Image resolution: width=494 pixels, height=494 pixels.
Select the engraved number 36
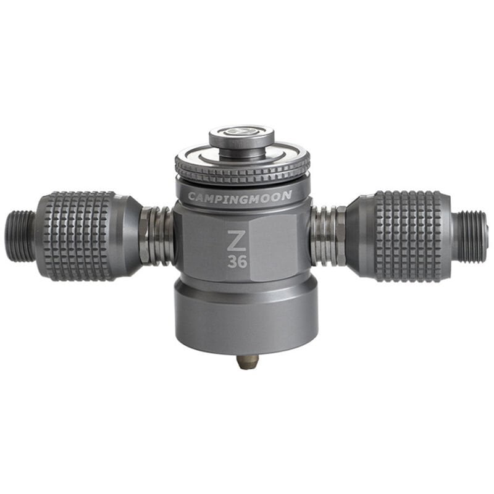click(237, 261)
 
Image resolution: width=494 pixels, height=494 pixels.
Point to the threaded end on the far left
click(20, 235)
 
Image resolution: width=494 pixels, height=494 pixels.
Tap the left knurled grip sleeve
click(77, 235)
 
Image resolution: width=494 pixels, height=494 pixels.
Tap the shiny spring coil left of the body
click(157, 235)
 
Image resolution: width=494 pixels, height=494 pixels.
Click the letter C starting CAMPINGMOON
click(191, 198)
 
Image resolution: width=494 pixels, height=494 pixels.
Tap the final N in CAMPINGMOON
click(288, 195)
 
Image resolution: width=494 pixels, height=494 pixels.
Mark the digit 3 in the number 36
click(232, 261)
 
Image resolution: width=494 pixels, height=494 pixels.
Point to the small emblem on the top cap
click(241, 132)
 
